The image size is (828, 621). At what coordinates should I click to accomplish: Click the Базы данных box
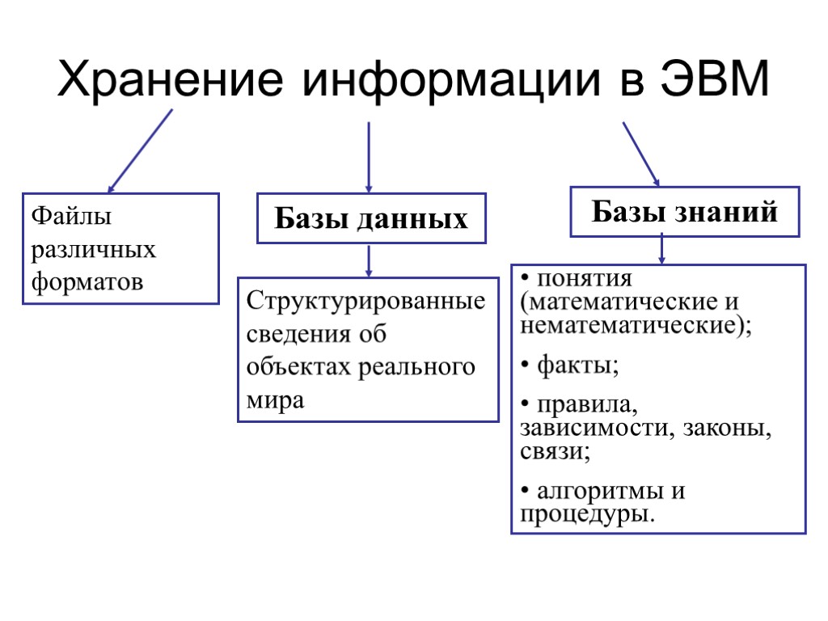coord(371,218)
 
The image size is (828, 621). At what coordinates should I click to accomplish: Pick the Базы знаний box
coord(685,212)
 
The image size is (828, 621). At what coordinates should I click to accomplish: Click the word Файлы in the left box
coord(61,217)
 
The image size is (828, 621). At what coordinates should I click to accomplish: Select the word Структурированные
coord(366,302)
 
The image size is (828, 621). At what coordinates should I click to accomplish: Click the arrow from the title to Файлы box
coord(140,150)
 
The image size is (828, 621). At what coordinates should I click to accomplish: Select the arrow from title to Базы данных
coord(369,157)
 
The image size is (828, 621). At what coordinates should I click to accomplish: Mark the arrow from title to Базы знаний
coord(641,154)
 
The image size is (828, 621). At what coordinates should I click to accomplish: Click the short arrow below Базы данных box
coord(369,260)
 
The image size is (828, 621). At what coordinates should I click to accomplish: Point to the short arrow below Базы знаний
coord(662,249)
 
